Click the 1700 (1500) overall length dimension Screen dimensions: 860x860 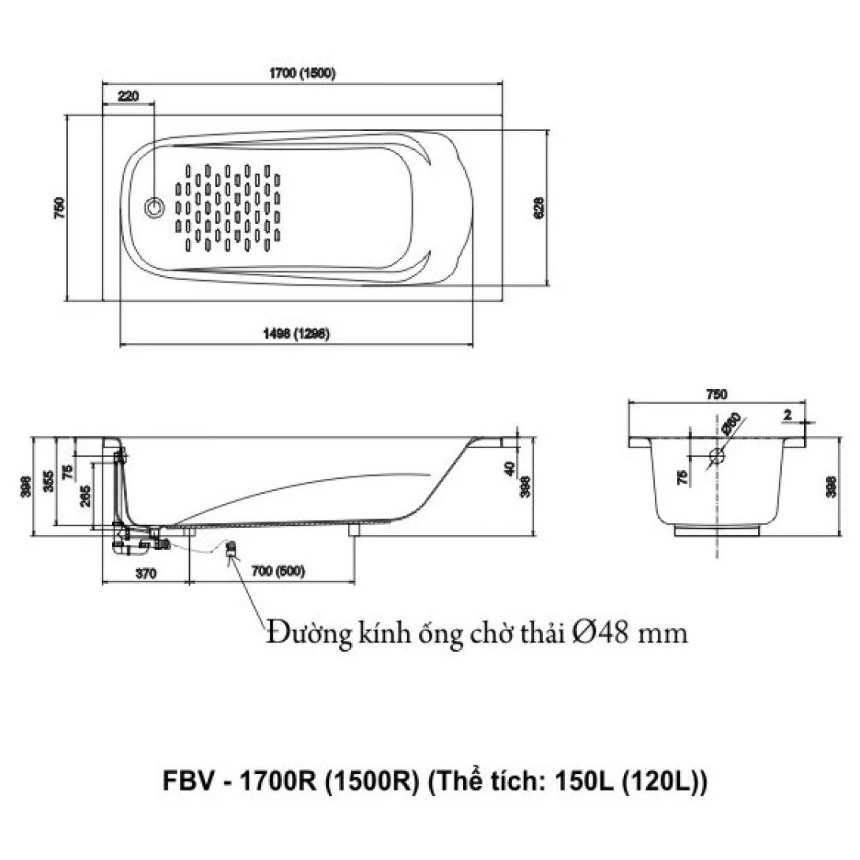[x=303, y=73]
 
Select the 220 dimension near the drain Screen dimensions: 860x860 [x=128, y=96]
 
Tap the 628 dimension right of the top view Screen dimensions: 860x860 [x=539, y=207]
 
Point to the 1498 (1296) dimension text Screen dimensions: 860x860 [x=296, y=334]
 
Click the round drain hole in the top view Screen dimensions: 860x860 [x=154, y=208]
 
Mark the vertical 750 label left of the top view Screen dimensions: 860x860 [x=58, y=207]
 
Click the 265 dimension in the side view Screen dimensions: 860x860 [x=85, y=494]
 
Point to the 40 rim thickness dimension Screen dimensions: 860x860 [x=510, y=469]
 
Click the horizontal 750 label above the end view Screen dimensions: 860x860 [x=716, y=394]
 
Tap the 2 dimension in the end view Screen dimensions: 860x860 [x=787, y=413]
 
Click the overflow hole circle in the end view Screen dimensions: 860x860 [x=716, y=456]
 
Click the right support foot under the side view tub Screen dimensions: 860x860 [x=353, y=530]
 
